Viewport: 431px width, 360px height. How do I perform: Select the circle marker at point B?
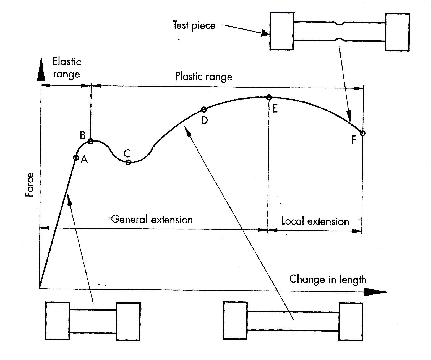pyautogui.click(x=90, y=141)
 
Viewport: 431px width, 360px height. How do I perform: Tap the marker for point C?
pyautogui.click(x=128, y=162)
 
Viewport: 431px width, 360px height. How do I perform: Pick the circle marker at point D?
pyautogui.click(x=204, y=109)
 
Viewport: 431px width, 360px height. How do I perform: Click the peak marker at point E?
pyautogui.click(x=269, y=97)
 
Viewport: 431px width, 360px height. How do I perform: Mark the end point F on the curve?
pyautogui.click(x=363, y=133)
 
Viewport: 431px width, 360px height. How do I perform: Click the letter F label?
pyautogui.click(x=354, y=140)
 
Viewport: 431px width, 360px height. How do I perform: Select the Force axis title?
pyautogui.click(x=29, y=185)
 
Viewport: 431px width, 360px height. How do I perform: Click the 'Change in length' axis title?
pyautogui.click(x=328, y=280)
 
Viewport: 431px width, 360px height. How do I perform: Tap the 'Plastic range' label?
pyautogui.click(x=204, y=77)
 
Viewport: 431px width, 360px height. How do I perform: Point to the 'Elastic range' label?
pyautogui.click(x=66, y=68)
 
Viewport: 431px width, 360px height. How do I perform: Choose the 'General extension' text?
pyautogui.click(x=152, y=220)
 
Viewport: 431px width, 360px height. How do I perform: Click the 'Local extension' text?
pyautogui.click(x=315, y=221)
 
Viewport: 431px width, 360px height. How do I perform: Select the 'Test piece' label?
pyautogui.click(x=194, y=25)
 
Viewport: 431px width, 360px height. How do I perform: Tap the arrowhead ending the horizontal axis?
pyautogui.click(x=375, y=292)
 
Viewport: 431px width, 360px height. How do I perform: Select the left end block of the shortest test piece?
pyautogui.click(x=57, y=321)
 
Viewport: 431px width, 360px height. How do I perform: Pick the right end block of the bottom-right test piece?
pyautogui.click(x=351, y=322)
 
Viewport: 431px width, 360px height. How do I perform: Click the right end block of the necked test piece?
pyautogui.click(x=397, y=32)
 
